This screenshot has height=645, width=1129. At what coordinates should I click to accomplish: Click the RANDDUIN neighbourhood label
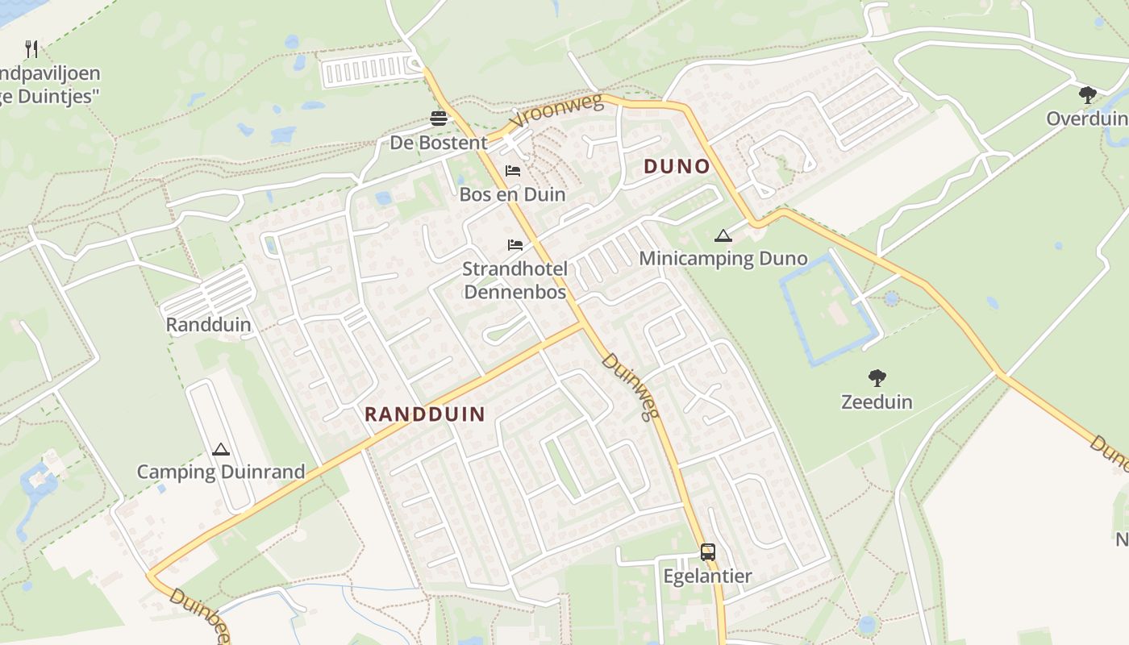click(425, 414)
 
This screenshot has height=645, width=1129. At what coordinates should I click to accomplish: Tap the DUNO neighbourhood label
click(677, 167)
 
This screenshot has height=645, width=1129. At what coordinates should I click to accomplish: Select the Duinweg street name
click(631, 387)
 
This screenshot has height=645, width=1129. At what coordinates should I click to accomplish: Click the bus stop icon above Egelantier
click(707, 552)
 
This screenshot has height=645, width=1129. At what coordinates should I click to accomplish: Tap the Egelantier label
click(707, 576)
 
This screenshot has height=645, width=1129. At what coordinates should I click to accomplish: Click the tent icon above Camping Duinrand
click(220, 449)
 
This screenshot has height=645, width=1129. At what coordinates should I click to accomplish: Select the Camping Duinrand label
click(220, 472)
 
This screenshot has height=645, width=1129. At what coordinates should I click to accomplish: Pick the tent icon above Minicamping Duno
click(723, 235)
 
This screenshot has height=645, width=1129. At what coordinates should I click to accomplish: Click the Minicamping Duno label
click(723, 259)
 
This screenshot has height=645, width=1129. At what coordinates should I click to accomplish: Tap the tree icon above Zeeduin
click(877, 377)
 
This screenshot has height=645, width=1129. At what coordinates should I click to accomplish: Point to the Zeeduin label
click(877, 402)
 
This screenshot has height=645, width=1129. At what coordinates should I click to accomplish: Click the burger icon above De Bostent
click(439, 119)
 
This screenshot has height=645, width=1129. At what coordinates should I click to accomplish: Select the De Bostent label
click(439, 143)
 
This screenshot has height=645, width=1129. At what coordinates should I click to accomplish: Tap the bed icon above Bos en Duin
click(513, 170)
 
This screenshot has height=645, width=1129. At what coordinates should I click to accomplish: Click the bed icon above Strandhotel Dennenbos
click(515, 244)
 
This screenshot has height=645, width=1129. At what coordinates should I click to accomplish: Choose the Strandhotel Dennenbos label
click(515, 280)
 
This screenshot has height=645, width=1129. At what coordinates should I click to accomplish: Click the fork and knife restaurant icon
click(31, 48)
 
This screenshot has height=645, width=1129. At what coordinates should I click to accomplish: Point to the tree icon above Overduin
click(1087, 95)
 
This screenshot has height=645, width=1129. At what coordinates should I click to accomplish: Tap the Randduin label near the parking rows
click(208, 325)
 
